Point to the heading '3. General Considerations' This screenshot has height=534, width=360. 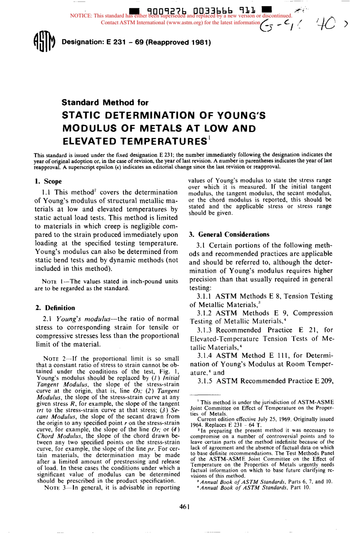229,235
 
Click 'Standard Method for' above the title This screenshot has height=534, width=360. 105,102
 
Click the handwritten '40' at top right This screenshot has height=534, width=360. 326,23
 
